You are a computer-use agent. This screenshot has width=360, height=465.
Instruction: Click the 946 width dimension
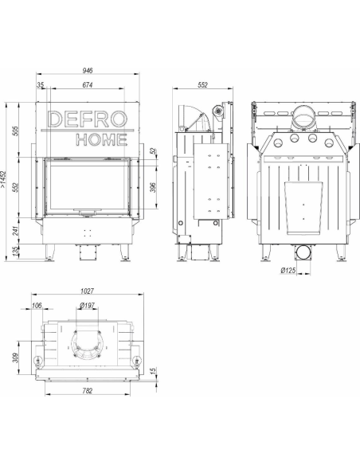click(88, 70)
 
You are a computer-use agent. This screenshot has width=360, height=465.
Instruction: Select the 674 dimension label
click(88, 85)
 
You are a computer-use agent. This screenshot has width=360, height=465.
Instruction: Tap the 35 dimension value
click(40, 85)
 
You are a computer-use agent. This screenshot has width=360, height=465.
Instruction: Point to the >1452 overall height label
click(3, 179)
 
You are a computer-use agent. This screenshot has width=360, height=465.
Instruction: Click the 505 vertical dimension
click(15, 131)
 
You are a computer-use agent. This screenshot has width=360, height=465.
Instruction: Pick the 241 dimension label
click(15, 231)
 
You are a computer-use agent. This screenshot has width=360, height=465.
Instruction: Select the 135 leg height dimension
click(15, 251)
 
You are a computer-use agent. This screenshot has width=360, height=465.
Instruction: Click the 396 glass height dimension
click(153, 187)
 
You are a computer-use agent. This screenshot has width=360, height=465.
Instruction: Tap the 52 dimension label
click(153, 151)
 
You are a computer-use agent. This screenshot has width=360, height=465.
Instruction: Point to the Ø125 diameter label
click(288, 270)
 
